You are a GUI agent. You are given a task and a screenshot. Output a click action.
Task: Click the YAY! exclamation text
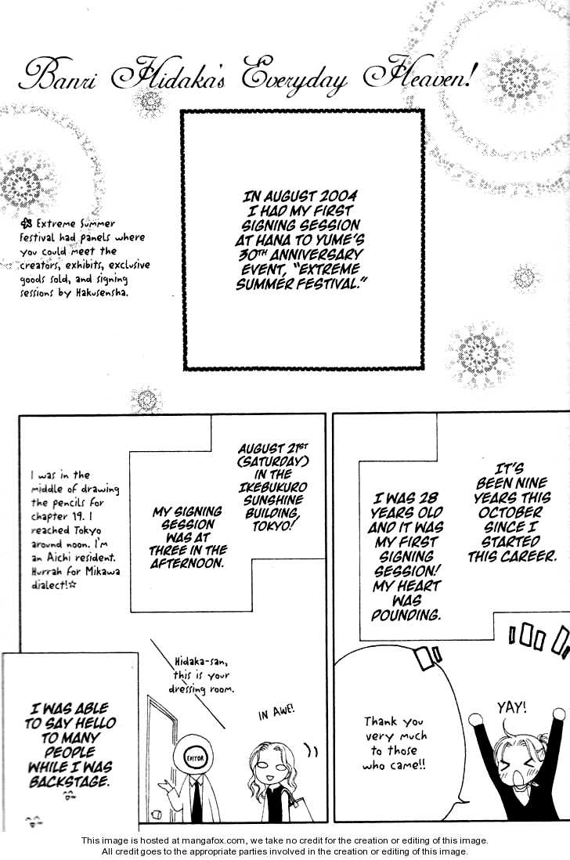click(512, 707)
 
